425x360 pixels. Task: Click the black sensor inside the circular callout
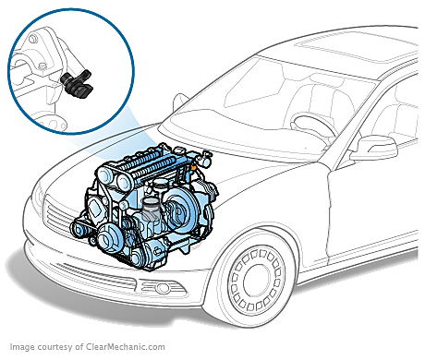tap(77, 83)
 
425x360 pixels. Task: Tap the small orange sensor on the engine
tap(193, 167)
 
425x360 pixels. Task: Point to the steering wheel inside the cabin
tap(312, 126)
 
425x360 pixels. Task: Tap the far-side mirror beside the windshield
tap(179, 102)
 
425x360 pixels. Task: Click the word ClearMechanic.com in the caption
tap(126, 347)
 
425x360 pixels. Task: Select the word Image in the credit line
tap(22, 347)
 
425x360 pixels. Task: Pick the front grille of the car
tap(62, 215)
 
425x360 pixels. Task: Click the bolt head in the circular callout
tap(42, 66)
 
